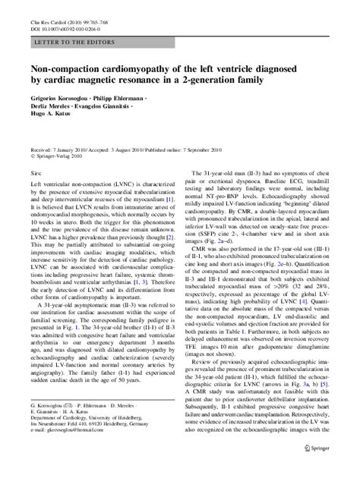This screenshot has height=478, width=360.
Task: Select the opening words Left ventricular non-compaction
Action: tap(68, 197)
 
